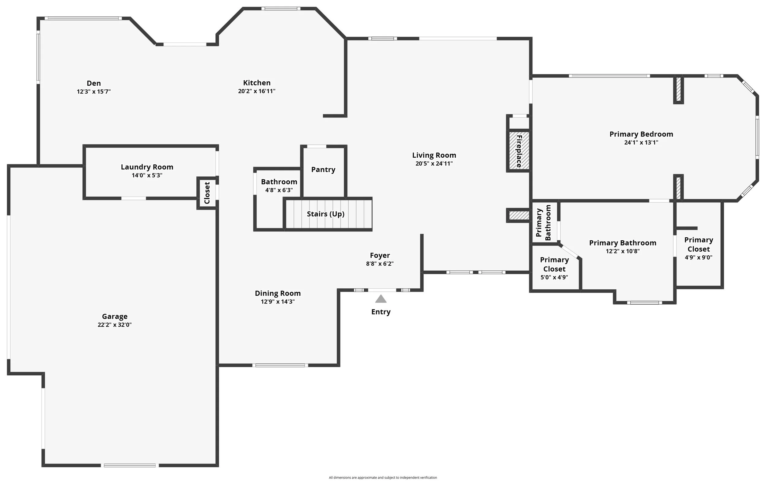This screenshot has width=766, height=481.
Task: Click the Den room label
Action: point(93,83)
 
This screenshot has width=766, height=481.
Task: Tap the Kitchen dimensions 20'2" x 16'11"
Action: point(257,91)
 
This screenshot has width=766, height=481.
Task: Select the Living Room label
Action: point(434,156)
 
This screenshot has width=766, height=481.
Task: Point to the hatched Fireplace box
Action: point(519,151)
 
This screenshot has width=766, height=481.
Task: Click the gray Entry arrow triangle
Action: point(381,299)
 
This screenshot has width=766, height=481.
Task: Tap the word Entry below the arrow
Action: point(381,312)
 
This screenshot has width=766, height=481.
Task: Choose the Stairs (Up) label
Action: point(325,214)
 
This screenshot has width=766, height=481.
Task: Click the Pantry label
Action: point(323,170)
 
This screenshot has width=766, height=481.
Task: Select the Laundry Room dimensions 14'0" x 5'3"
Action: point(147,175)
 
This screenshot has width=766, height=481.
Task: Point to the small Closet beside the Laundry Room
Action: point(207,193)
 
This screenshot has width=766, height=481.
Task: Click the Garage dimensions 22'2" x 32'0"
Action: point(115,325)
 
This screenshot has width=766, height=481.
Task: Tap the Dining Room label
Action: point(278,293)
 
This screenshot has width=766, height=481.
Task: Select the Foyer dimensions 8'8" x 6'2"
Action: point(380,264)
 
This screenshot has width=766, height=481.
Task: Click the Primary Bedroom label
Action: point(641,134)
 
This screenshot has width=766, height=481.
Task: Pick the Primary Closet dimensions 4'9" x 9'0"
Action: point(699,257)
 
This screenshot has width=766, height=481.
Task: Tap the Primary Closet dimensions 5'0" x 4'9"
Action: point(554,277)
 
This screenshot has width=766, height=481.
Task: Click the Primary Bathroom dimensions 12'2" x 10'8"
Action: point(623,251)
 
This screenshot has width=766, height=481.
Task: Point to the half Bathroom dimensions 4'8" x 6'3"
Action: point(279,190)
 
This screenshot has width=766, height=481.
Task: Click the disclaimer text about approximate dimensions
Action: point(383,478)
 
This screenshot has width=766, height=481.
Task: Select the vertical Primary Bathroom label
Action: point(543,223)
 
